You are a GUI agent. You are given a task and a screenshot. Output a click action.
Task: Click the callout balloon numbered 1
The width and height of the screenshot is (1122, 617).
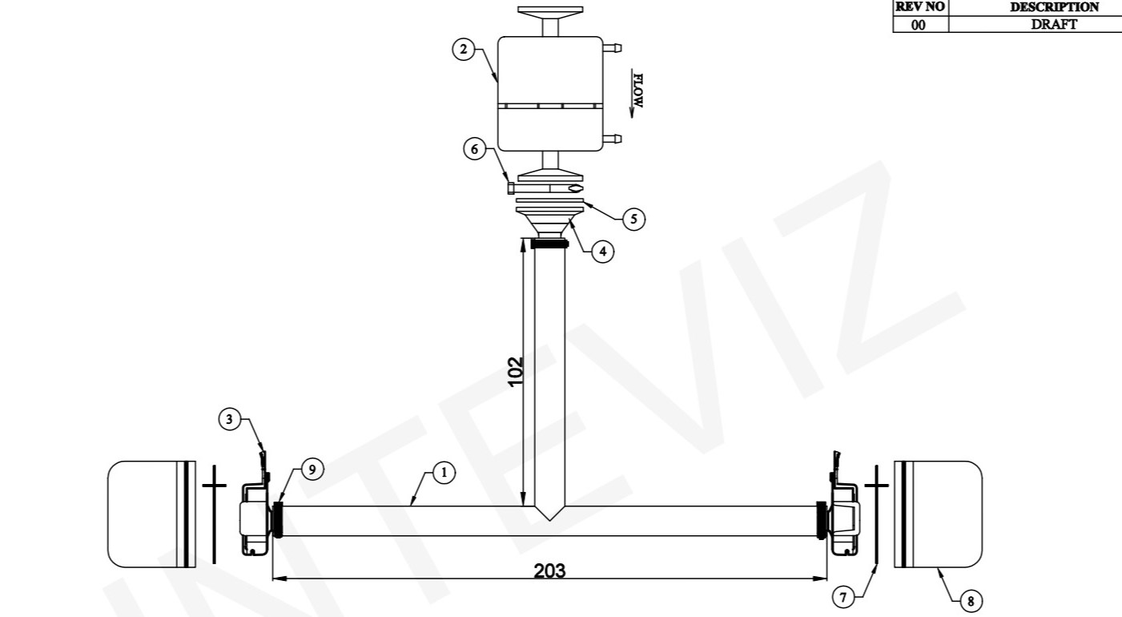click(x=444, y=473)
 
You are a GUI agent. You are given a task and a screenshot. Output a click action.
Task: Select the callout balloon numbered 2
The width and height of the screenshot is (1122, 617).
click(x=464, y=49)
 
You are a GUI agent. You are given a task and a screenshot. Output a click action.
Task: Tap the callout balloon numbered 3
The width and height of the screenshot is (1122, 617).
click(x=229, y=419)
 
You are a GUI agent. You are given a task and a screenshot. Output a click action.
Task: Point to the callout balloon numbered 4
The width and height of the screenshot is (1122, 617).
click(x=602, y=251)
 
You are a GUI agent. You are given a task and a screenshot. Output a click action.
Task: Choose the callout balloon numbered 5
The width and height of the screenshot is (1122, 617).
click(x=633, y=219)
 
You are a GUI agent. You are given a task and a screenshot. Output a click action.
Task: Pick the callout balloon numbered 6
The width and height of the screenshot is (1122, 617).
click(x=474, y=149)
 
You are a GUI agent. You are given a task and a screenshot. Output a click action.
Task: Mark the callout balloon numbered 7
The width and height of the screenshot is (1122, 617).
click(x=843, y=598)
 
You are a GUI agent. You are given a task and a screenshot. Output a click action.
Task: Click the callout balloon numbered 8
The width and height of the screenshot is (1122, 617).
click(x=971, y=601)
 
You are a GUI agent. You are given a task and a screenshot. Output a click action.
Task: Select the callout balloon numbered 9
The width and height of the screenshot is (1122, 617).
click(x=312, y=470)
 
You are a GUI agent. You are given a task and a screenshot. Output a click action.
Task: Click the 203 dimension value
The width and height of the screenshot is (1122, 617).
click(x=549, y=571)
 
